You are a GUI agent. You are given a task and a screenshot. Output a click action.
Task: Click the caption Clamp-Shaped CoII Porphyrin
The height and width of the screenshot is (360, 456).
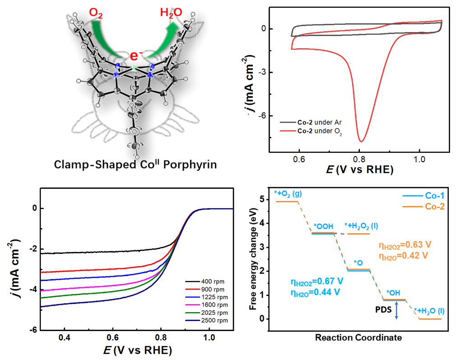[135, 164]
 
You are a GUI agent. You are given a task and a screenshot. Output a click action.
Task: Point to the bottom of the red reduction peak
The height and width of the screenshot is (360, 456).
[361, 141]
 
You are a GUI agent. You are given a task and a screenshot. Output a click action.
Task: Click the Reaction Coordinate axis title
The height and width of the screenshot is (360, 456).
[352, 337]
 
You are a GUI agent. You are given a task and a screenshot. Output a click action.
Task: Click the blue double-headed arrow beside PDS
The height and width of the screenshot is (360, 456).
[396, 310]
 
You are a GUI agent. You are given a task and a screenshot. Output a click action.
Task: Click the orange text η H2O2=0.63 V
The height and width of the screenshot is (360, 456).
[405, 245]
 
